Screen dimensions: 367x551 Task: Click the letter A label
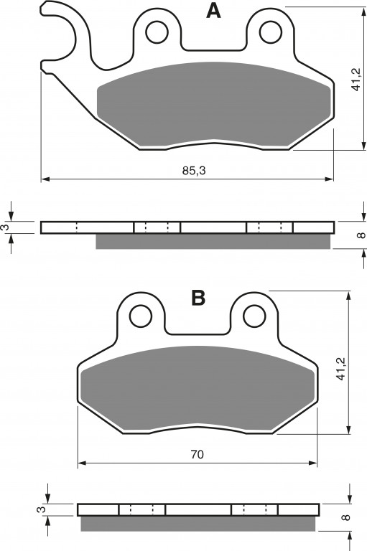click(x=213, y=11)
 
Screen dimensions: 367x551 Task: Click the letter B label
click(x=198, y=298)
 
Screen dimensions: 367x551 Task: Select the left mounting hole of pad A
click(x=157, y=32)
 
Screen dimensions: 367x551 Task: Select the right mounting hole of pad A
click(x=271, y=32)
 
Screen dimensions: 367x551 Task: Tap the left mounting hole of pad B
click(x=141, y=316)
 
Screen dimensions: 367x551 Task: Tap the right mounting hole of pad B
click(x=254, y=316)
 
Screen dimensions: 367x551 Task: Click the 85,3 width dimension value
click(x=194, y=171)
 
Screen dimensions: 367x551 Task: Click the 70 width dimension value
click(x=197, y=455)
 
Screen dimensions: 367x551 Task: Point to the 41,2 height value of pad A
click(x=356, y=79)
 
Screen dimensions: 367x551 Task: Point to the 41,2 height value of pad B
click(x=340, y=369)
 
